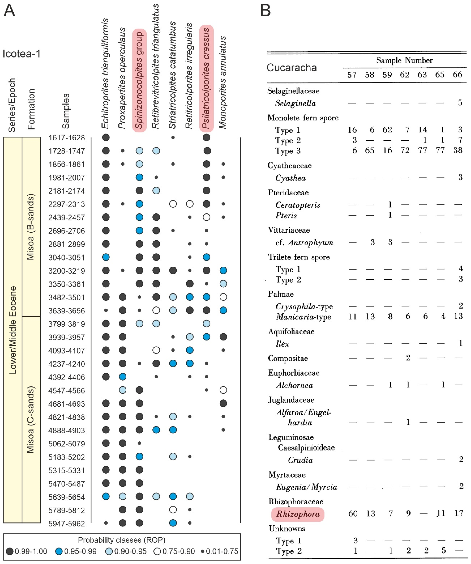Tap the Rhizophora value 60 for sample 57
coord(353,513)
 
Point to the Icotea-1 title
coord(21,54)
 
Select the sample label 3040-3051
coord(67,258)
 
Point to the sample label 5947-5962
coord(67,524)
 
